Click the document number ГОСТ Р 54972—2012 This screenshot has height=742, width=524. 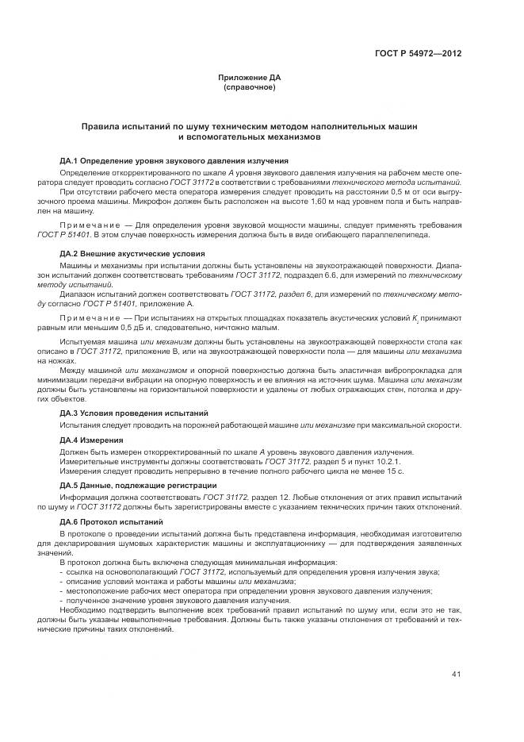(x=418, y=54)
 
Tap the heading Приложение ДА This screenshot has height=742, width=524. (x=250, y=78)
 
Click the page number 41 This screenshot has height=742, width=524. (x=457, y=675)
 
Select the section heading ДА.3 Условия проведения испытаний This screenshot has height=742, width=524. (x=134, y=413)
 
